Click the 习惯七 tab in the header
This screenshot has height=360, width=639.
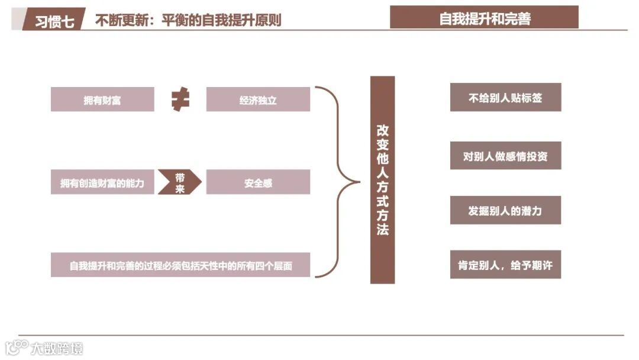54,21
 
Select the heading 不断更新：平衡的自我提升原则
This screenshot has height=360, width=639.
188,21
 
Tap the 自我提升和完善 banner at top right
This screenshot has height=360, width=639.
484,18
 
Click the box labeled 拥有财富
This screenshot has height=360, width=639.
102,99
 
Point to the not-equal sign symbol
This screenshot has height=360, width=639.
180,99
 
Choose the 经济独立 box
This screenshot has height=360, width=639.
258,99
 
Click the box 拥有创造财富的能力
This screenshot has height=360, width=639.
102,182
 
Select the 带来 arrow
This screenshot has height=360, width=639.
180,182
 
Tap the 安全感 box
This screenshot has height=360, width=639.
258,182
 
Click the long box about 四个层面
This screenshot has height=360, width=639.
180,265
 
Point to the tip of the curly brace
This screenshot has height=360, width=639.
358,182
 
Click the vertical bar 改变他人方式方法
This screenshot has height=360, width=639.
382,180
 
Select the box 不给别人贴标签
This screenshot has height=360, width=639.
505,98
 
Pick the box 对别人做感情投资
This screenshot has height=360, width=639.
505,156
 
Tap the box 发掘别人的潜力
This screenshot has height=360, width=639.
505,210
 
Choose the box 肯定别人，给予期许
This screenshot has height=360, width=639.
505,265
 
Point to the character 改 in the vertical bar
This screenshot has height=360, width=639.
382,131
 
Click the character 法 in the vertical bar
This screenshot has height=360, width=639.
382,229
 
